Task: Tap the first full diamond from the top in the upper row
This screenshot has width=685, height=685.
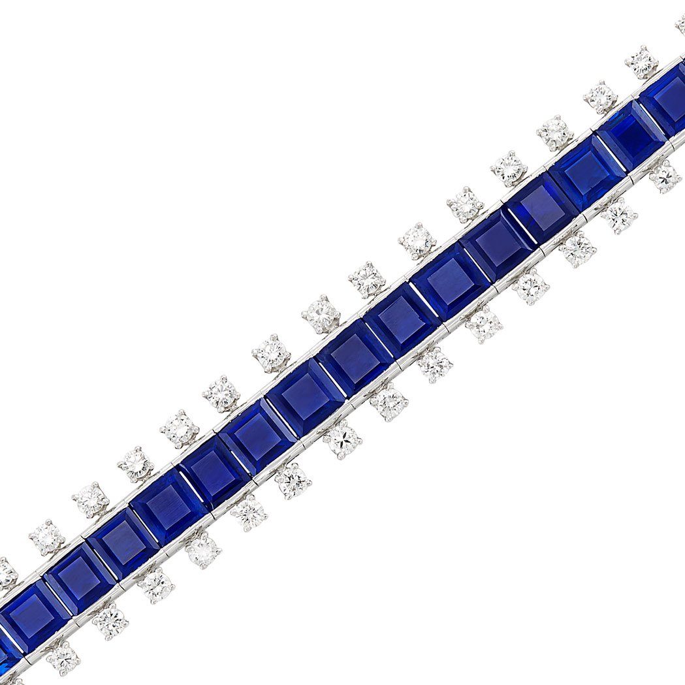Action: (641, 62)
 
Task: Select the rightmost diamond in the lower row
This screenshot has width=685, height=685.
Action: (665, 176)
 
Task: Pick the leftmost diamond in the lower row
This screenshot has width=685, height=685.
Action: (63, 658)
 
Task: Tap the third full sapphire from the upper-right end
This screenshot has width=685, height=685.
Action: (541, 208)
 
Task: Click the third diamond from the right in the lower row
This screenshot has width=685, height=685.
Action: (577, 249)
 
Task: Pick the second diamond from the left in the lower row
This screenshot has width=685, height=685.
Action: (110, 621)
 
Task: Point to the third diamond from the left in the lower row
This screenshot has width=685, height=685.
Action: (157, 584)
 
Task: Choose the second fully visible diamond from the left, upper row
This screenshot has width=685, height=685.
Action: (90, 500)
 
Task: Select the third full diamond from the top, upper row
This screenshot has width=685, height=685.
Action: (555, 133)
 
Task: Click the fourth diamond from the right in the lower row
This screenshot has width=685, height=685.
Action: (530, 286)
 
